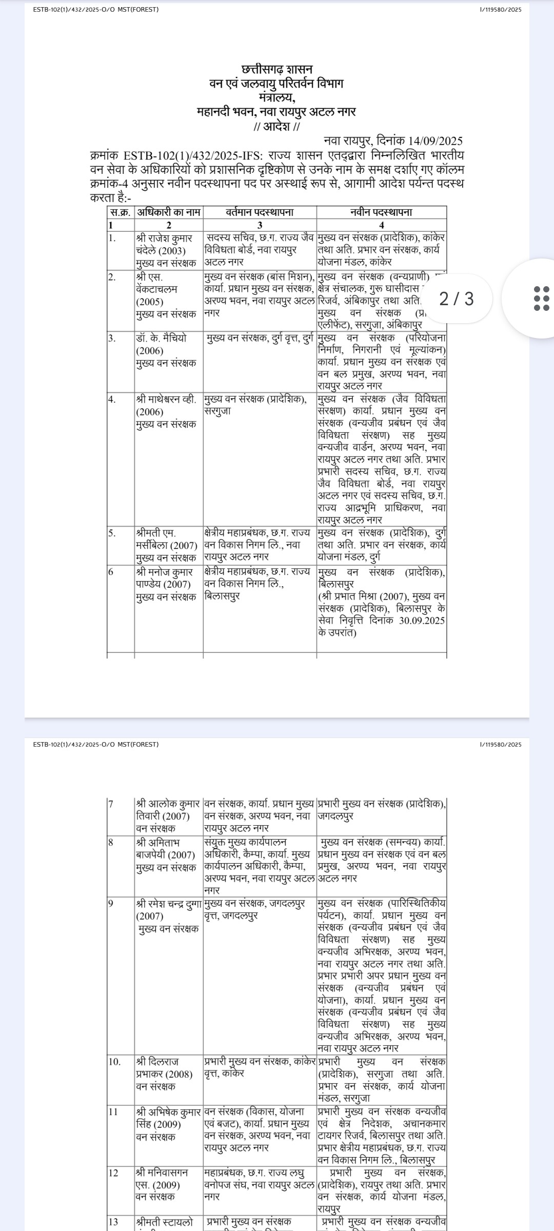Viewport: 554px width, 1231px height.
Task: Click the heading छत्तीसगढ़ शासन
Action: [276, 69]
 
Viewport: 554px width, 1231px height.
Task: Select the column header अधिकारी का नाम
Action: [169, 212]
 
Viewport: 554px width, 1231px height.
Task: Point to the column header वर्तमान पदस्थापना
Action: [260, 212]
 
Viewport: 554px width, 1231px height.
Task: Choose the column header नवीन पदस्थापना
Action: [381, 212]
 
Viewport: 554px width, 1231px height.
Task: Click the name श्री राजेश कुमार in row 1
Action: [165, 238]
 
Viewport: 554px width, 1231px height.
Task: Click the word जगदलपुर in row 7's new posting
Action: [335, 816]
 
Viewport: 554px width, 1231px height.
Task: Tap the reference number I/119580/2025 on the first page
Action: [500, 10]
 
